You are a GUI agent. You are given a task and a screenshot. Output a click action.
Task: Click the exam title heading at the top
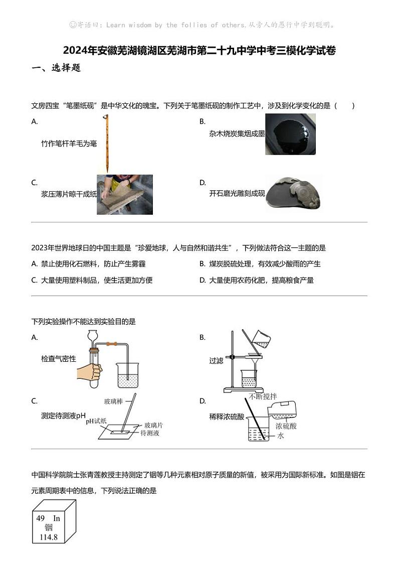click(199, 51)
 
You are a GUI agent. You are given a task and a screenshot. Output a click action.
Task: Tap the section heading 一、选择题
click(56, 68)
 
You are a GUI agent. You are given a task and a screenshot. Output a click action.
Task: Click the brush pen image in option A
click(106, 143)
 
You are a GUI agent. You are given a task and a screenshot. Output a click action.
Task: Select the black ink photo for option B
click(290, 134)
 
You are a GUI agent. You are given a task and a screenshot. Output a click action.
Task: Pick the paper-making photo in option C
click(125, 195)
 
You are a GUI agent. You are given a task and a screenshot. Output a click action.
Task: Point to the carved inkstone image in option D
click(293, 194)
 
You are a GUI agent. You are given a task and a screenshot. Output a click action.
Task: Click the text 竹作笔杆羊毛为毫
click(69, 144)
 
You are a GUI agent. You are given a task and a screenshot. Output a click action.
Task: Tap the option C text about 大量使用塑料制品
click(92, 280)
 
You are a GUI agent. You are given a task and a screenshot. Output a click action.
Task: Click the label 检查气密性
click(59, 359)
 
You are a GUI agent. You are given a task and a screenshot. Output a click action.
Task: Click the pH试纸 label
click(96, 421)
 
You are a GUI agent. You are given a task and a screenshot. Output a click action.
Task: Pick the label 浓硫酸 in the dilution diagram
click(286, 426)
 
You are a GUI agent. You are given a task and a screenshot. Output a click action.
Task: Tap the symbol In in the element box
click(57, 518)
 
